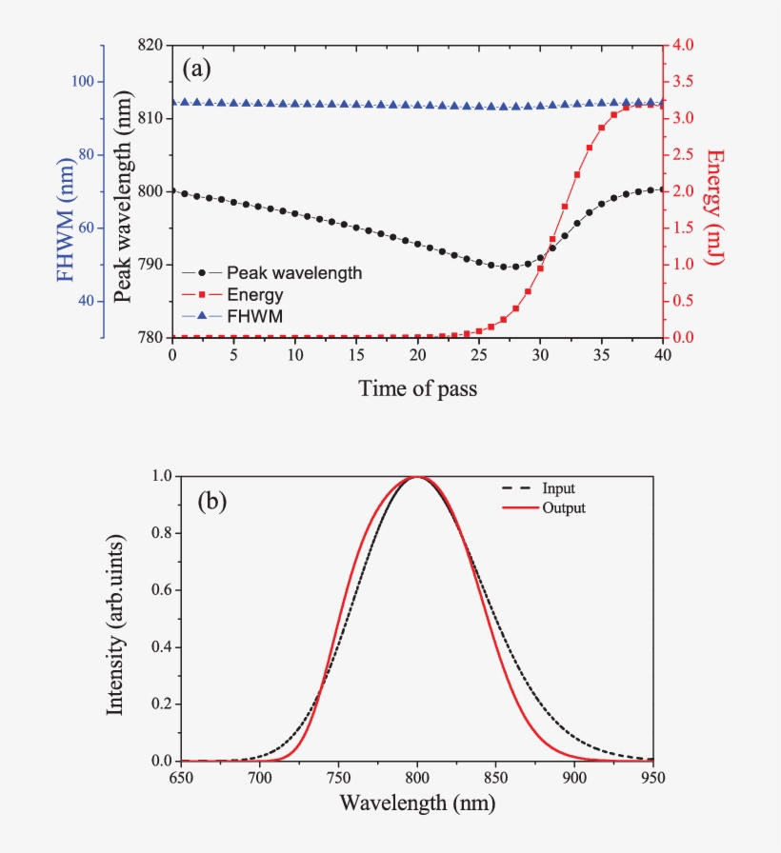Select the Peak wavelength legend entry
[x=294, y=273]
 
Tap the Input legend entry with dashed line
[x=558, y=488]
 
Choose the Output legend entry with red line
[x=563, y=508]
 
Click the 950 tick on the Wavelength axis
[x=652, y=778]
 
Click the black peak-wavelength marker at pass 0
[x=172, y=191]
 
